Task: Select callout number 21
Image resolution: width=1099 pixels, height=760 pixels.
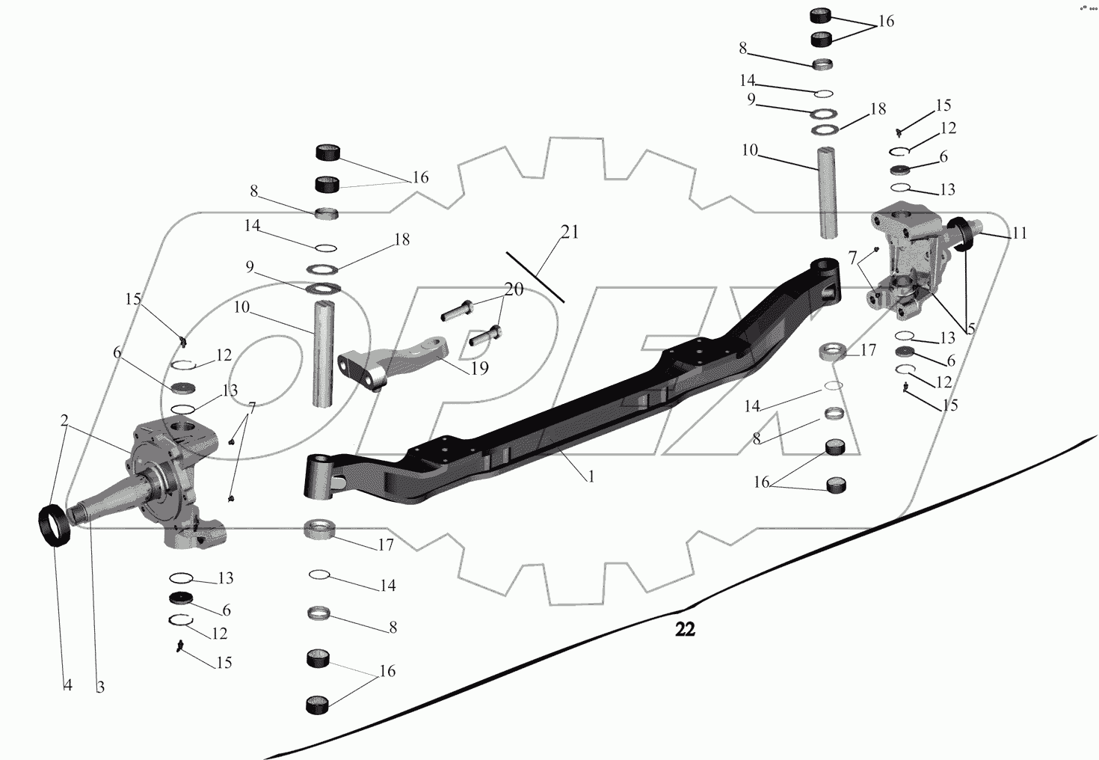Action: coord(570,233)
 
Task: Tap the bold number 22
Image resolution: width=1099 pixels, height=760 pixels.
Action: coord(685,630)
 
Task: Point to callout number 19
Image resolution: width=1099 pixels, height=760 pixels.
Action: coord(479,368)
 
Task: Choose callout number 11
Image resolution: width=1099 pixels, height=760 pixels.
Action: coord(1019,233)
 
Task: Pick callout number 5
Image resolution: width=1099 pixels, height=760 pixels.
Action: coord(970,328)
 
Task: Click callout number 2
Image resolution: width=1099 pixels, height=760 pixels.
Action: coord(65,420)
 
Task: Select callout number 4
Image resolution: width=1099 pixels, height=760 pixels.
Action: coord(67,685)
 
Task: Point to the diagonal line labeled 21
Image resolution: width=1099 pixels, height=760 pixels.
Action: coord(535,277)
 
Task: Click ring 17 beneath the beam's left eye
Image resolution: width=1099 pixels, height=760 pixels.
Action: coord(323,530)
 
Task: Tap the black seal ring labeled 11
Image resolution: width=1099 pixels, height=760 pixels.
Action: coord(964,233)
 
